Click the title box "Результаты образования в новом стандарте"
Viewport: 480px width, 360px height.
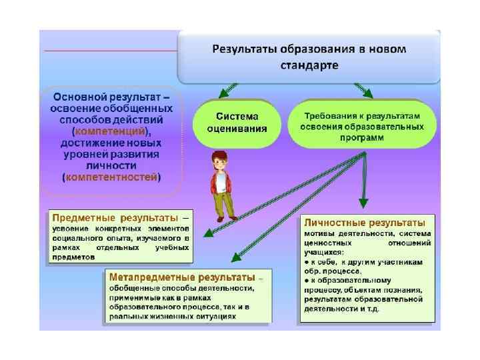point(309,57)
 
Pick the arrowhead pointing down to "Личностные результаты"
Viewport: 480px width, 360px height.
point(363,202)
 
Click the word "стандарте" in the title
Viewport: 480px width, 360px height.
point(309,65)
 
